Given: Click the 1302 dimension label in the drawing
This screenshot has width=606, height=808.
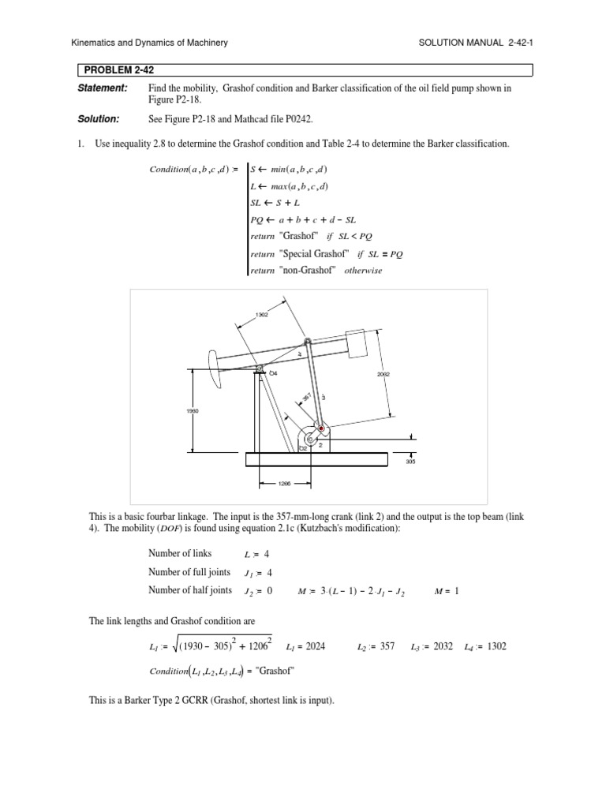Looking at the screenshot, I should (262, 315).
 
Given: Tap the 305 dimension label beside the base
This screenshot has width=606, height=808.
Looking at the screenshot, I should (410, 462).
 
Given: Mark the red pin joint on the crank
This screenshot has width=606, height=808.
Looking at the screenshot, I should (321, 428).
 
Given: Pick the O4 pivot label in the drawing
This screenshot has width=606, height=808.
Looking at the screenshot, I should (273, 372).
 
